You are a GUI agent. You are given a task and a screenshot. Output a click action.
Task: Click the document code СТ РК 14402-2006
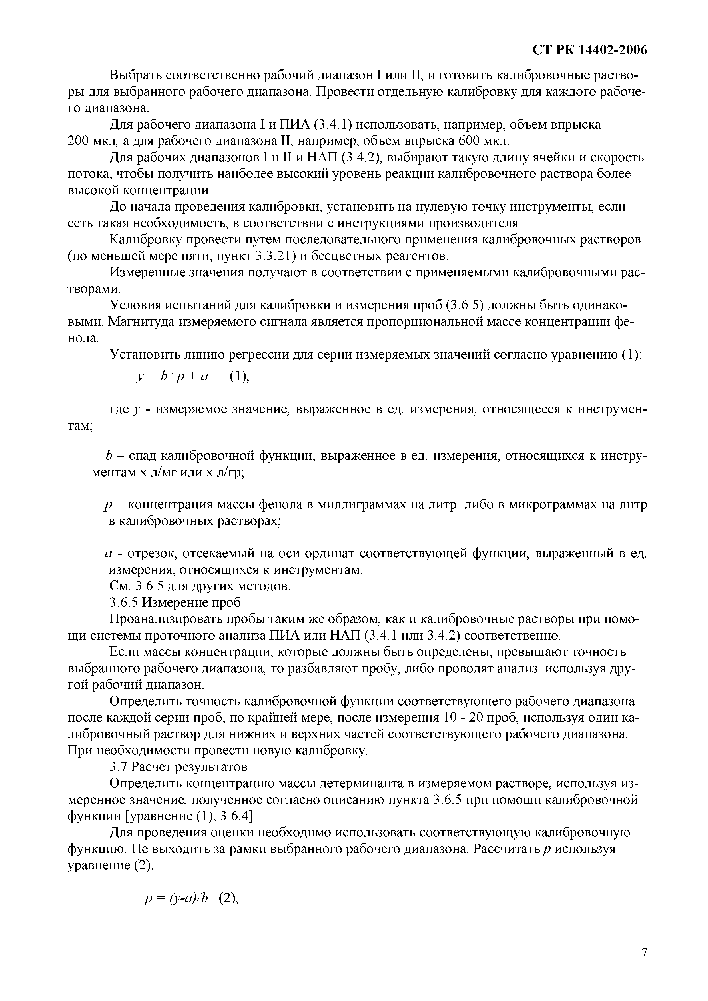tap(589, 51)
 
